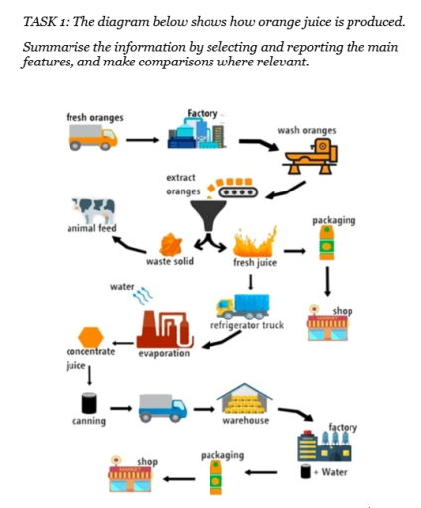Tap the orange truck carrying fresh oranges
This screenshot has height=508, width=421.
[x=93, y=139]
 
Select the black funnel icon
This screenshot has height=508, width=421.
[x=209, y=216]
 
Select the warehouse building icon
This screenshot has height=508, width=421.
[x=244, y=400]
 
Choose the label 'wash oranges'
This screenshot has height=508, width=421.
[x=307, y=130]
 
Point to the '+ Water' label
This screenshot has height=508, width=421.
[x=334, y=472]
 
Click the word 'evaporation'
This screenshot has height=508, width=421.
[x=165, y=353]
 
